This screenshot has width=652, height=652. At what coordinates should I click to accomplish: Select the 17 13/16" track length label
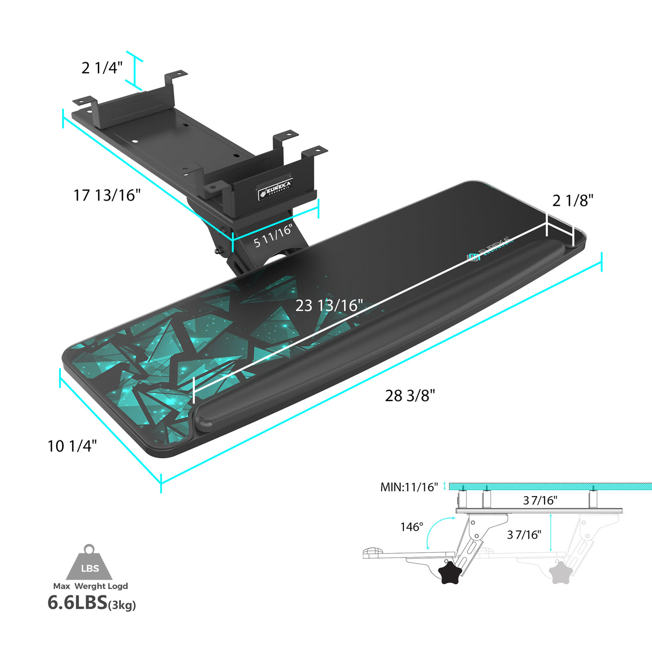tap(107, 195)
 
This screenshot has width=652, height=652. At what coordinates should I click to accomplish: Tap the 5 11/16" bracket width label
tap(274, 235)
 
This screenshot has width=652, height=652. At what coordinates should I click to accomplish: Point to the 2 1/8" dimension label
tap(573, 201)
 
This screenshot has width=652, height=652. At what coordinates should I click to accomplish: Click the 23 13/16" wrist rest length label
tap(329, 306)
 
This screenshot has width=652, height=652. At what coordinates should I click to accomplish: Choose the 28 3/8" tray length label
tap(410, 396)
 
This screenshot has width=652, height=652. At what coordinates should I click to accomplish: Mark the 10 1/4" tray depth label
tap(72, 446)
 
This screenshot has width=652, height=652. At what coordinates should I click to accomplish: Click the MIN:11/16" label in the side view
tap(409, 487)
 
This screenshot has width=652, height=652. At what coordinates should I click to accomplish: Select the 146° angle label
tap(412, 527)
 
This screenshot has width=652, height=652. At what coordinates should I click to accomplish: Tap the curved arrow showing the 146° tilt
tap(434, 530)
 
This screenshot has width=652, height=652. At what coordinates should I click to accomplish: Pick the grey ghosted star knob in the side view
tap(560, 572)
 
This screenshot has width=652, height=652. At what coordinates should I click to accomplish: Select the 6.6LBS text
tap(77, 603)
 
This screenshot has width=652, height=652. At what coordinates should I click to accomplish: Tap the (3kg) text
tap(122, 605)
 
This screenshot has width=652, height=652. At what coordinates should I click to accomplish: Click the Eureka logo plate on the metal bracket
tap(275, 189)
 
